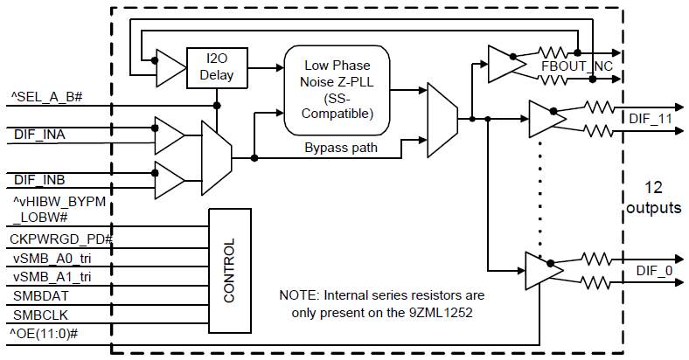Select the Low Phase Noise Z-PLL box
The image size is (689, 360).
pyautogui.click(x=337, y=90)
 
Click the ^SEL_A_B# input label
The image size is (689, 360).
pyautogui.click(x=46, y=93)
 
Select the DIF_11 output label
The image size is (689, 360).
pyautogui.click(x=651, y=116)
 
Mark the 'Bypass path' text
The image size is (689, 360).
pyautogui.click(x=340, y=148)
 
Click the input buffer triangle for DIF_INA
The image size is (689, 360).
pyautogui.click(x=169, y=135)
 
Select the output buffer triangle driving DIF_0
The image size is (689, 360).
pyautogui.click(x=543, y=270)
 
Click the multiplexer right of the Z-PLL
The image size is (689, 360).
pyautogui.click(x=439, y=119)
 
